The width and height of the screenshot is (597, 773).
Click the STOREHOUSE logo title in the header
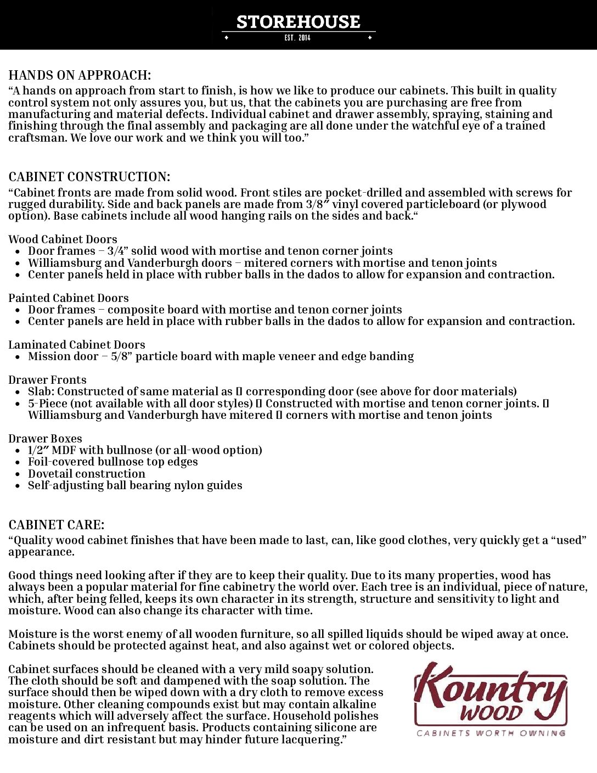point(298,21)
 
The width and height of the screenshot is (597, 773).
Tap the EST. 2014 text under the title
point(297,37)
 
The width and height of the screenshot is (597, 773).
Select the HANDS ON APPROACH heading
point(80,75)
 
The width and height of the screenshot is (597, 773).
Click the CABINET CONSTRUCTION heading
point(89,177)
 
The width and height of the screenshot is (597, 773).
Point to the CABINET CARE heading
point(56,525)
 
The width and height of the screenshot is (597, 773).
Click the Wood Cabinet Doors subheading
point(63,239)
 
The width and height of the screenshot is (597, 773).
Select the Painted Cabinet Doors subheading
point(69,298)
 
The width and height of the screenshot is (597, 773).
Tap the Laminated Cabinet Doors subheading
point(77,345)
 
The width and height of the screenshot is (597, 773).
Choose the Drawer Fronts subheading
point(47,380)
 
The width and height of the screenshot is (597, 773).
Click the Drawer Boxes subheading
point(45,439)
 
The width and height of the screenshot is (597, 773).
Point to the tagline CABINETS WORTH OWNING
point(491,733)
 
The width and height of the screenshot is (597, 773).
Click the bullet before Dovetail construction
point(17,474)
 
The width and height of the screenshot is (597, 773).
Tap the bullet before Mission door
point(17,357)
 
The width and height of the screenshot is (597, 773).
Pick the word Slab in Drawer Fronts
point(41,391)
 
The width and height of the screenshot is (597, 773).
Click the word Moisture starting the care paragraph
point(32,634)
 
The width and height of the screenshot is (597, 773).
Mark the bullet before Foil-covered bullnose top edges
point(17,462)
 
